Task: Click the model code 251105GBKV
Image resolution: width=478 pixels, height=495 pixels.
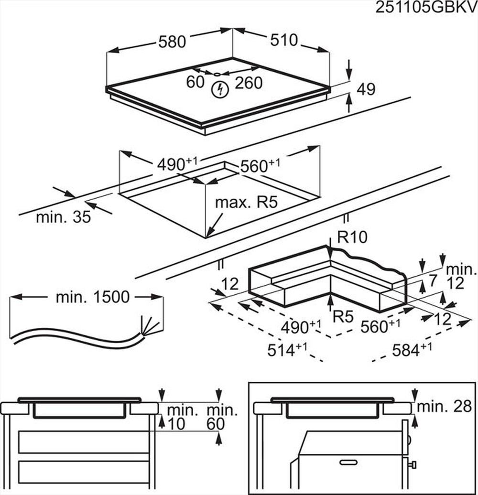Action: pyautogui.click(x=426, y=8)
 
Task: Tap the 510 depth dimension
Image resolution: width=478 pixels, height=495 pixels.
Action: pyautogui.click(x=283, y=40)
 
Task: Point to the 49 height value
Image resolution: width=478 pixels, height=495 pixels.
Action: pyautogui.click(x=366, y=89)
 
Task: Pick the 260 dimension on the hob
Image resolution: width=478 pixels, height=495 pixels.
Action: pyautogui.click(x=249, y=83)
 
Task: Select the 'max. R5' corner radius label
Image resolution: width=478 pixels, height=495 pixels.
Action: pyautogui.click(x=246, y=202)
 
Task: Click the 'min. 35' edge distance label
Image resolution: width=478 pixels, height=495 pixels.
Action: pyautogui.click(x=63, y=217)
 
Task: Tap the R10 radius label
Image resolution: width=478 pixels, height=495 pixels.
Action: pyautogui.click(x=352, y=237)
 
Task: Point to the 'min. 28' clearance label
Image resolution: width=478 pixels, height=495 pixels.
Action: pyautogui.click(x=444, y=407)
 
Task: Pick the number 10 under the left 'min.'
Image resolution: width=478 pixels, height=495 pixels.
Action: pyautogui.click(x=177, y=423)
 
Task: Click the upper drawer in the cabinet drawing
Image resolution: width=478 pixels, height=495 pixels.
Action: pyautogui.click(x=83, y=442)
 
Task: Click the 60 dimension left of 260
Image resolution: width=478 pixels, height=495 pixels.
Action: pyautogui.click(x=195, y=82)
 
